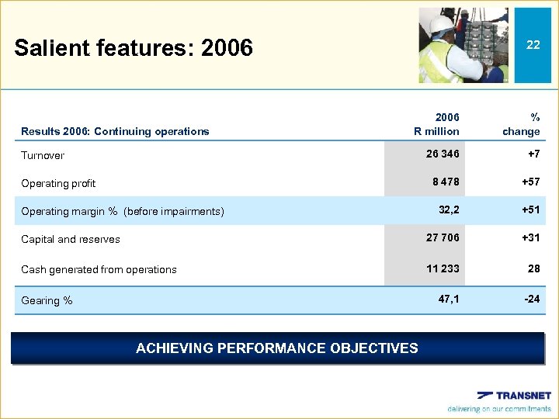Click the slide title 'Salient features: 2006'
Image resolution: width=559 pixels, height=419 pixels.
[x=134, y=48]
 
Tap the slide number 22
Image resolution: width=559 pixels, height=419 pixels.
[x=533, y=45]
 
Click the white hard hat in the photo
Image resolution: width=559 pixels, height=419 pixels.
[x=441, y=25]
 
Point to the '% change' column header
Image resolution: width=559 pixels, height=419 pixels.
[x=521, y=124]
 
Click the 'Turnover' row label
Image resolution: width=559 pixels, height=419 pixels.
[x=43, y=155]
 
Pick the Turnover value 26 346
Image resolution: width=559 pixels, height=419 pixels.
[x=443, y=154]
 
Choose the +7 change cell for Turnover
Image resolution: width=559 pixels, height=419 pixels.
[x=533, y=154]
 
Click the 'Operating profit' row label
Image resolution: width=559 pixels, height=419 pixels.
[x=58, y=183]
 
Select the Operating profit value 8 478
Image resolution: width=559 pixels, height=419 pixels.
[x=446, y=182]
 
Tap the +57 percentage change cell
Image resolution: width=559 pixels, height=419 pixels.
[x=530, y=182]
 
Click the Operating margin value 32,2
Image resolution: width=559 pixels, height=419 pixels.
[x=449, y=209]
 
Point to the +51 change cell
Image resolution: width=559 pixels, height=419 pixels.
[x=530, y=209]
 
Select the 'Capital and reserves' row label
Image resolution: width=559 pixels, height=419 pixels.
[x=71, y=239]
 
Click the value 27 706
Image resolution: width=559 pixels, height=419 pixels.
[x=443, y=237]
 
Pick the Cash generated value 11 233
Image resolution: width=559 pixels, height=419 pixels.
[x=443, y=268]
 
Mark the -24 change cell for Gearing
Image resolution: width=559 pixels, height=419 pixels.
[x=532, y=298]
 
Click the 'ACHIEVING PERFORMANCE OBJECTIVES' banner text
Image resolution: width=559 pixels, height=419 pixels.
[x=276, y=348]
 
